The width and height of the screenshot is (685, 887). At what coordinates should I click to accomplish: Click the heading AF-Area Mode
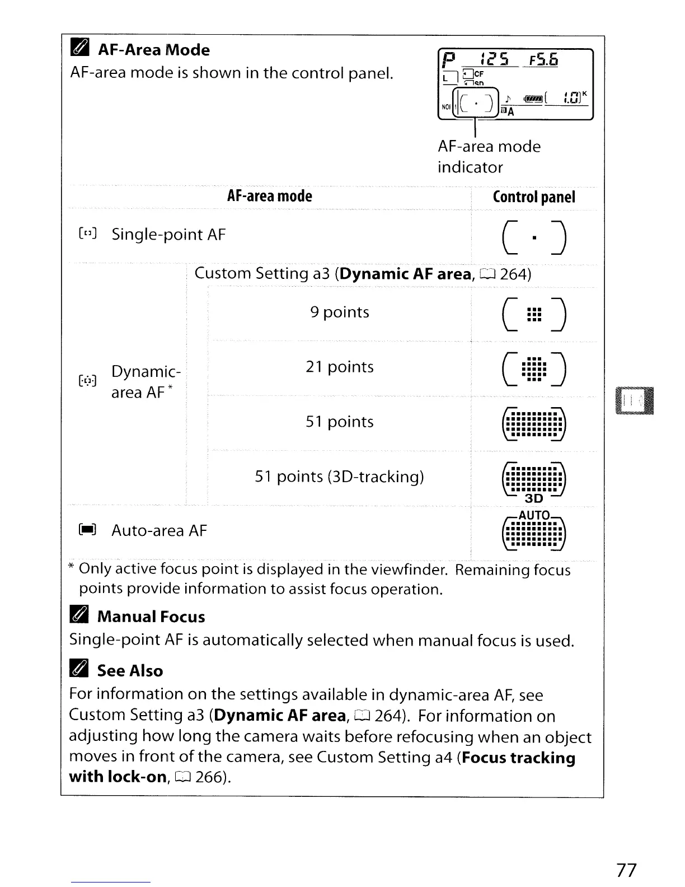pos(153,50)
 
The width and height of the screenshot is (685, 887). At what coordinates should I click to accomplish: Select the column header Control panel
pos(533,197)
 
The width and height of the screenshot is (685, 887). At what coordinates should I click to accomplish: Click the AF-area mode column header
pos(269,196)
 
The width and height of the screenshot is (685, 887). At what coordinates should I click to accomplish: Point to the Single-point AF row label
pos(168,235)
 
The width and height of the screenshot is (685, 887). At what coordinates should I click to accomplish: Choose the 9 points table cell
pos(340,312)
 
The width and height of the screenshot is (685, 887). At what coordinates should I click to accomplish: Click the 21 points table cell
pos(340,367)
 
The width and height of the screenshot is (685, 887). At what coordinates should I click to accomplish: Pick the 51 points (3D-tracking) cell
pos(339,477)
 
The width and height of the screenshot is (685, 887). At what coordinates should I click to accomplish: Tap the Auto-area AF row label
pos(159,530)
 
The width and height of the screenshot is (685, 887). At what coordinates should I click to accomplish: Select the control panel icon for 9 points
pos(535,316)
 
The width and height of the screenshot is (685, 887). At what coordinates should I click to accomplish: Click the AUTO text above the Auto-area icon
pos(534,515)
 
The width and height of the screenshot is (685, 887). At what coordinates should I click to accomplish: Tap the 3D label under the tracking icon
pos(534,498)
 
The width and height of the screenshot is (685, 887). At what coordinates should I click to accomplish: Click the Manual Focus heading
pos(151,617)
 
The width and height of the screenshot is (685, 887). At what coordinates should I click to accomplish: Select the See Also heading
pos(130,671)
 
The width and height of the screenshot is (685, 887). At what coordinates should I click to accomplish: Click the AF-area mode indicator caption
pos(489,157)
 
